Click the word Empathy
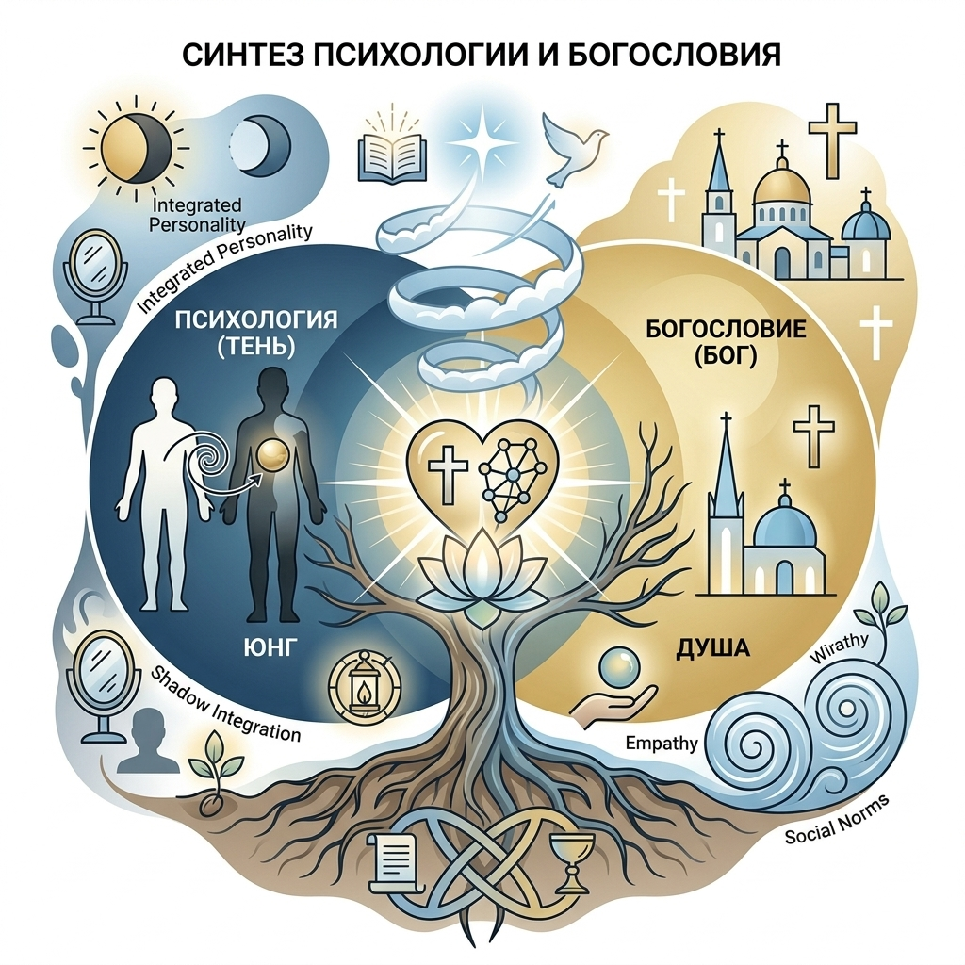[662, 744]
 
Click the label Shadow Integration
[226, 706]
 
